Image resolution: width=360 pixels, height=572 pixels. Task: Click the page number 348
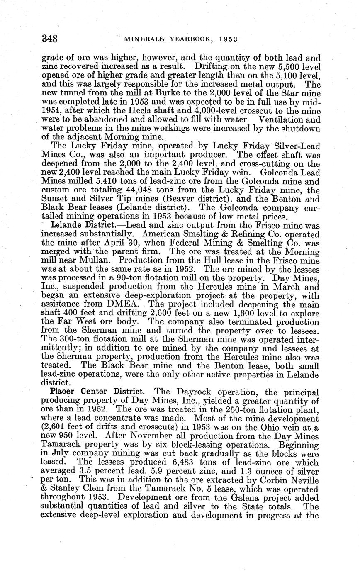(x=49, y=39)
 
